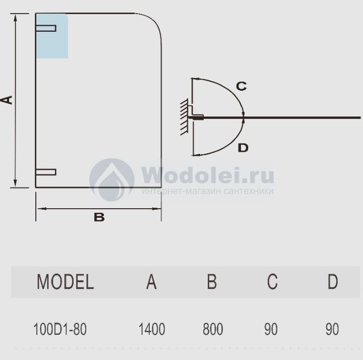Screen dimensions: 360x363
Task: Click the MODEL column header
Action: pyautogui.click(x=65, y=282)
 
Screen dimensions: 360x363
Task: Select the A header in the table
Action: pyautogui.click(x=151, y=282)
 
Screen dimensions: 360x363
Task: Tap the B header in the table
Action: pyautogui.click(x=212, y=282)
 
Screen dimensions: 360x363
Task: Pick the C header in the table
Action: pyautogui.click(x=272, y=282)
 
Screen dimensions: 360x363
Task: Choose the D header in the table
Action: pyautogui.click(x=333, y=282)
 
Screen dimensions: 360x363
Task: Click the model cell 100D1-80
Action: pyautogui.click(x=59, y=330)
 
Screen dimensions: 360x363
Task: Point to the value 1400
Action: pyautogui.click(x=152, y=330)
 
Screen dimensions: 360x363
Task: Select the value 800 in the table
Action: pyautogui.click(x=213, y=330)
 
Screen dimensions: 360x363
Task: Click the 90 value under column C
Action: pyautogui.click(x=271, y=330)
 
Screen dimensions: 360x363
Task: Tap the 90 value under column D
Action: pyautogui.click(x=332, y=330)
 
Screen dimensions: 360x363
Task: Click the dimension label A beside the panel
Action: pyautogui.click(x=7, y=100)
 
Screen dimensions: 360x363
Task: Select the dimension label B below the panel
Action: pyautogui.click(x=99, y=217)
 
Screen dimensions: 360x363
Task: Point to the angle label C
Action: pyautogui.click(x=241, y=86)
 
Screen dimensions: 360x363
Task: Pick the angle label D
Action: pyautogui.click(x=243, y=148)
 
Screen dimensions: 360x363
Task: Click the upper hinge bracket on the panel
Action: pyautogui.click(x=46, y=28)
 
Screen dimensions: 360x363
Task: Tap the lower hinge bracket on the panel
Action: pyautogui.click(x=46, y=172)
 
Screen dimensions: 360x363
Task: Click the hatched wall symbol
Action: pyautogui.click(x=185, y=117)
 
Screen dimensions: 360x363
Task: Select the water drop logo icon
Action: pyautogui.click(x=112, y=179)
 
